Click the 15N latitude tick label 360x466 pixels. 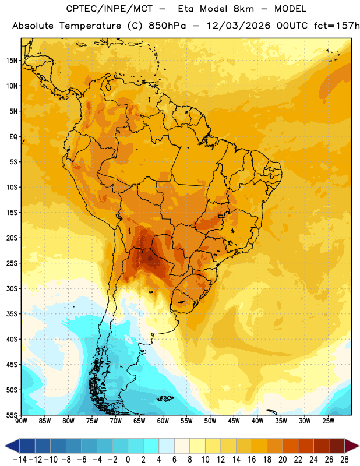12,61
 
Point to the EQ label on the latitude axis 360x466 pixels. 13,137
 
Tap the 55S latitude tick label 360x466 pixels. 12,415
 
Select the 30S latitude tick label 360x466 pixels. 12,288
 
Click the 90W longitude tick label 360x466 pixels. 21,421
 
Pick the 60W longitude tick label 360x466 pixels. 163,421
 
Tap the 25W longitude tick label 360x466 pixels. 328,421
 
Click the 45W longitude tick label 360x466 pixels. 234,421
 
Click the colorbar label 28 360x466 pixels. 344,460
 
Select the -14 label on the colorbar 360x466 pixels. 20,460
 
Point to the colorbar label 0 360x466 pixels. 128,460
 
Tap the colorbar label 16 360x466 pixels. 252,460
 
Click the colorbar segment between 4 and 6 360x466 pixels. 167,446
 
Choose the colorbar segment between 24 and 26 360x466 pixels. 321,446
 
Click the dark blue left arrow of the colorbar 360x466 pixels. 12,446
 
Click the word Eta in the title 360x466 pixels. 185,9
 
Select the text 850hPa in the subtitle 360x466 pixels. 167,26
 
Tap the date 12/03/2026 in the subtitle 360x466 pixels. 238,26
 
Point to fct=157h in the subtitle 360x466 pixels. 337,26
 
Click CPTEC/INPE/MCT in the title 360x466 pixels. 109,9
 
